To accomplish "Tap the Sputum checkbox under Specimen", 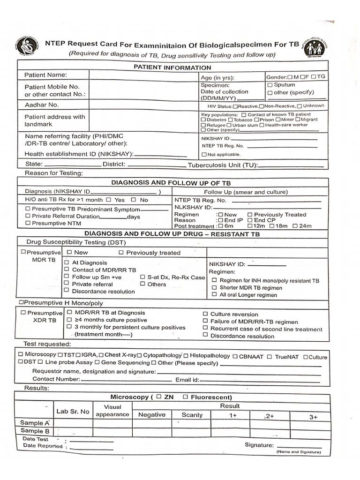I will point(270,85).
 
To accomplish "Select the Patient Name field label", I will point(45,75).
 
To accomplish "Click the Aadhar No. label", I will point(41,105).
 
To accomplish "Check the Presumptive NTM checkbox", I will point(28,224).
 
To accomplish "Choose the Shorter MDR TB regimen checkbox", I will point(215,288).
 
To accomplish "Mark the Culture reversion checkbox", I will point(205,314).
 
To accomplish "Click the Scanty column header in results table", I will point(192,415).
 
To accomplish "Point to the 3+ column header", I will point(314,417).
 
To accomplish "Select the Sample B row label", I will point(35,431).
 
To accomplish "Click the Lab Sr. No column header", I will point(73,412).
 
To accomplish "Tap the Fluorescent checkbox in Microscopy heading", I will point(186,397).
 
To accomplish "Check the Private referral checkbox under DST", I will point(67,284).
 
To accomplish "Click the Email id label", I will point(187,380).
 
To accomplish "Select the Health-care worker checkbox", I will point(262,125).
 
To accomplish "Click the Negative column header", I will point(151,415).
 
